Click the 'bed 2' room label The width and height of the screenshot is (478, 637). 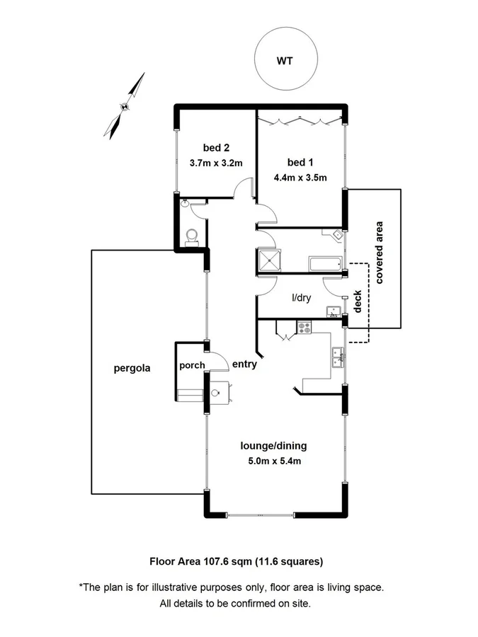pyautogui.click(x=216, y=148)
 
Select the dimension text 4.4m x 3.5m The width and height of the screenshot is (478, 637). pyautogui.click(x=300, y=177)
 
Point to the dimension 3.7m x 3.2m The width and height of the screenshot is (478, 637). pyautogui.click(x=216, y=163)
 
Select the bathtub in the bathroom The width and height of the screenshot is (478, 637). pyautogui.click(x=325, y=265)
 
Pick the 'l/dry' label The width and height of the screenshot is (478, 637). pyautogui.click(x=302, y=298)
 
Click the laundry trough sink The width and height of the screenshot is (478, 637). pyautogui.click(x=333, y=311)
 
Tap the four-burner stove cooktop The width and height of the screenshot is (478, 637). pyautogui.click(x=305, y=328)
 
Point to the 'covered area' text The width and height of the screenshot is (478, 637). pyautogui.click(x=380, y=253)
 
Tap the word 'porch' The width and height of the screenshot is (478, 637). pyautogui.click(x=191, y=366)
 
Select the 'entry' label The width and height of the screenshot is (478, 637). pyautogui.click(x=244, y=365)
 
